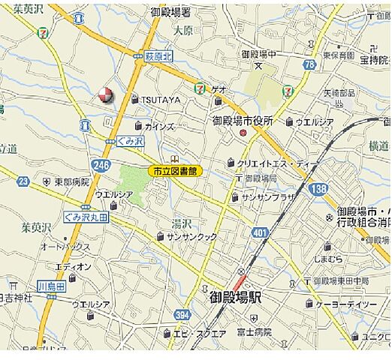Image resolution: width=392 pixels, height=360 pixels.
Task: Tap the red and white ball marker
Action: (x=105, y=94)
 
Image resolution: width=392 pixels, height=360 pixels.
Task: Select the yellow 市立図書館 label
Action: (x=174, y=171)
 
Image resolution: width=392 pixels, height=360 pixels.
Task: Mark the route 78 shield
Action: (x=309, y=65)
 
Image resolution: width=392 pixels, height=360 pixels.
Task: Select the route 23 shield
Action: (x=23, y=181)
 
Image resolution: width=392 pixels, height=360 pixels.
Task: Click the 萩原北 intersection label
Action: (x=158, y=56)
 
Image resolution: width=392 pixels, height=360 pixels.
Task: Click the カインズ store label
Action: (x=159, y=125)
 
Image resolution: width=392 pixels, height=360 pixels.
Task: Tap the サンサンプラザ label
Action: (x=267, y=196)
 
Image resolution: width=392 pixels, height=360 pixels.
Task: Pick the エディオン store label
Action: (x=74, y=266)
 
